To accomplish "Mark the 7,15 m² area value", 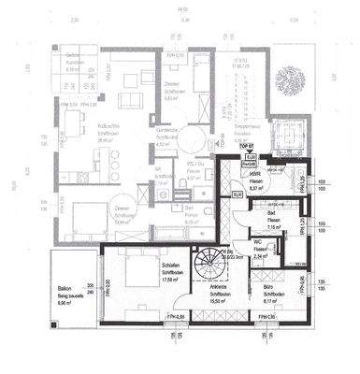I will click(254, 225).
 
